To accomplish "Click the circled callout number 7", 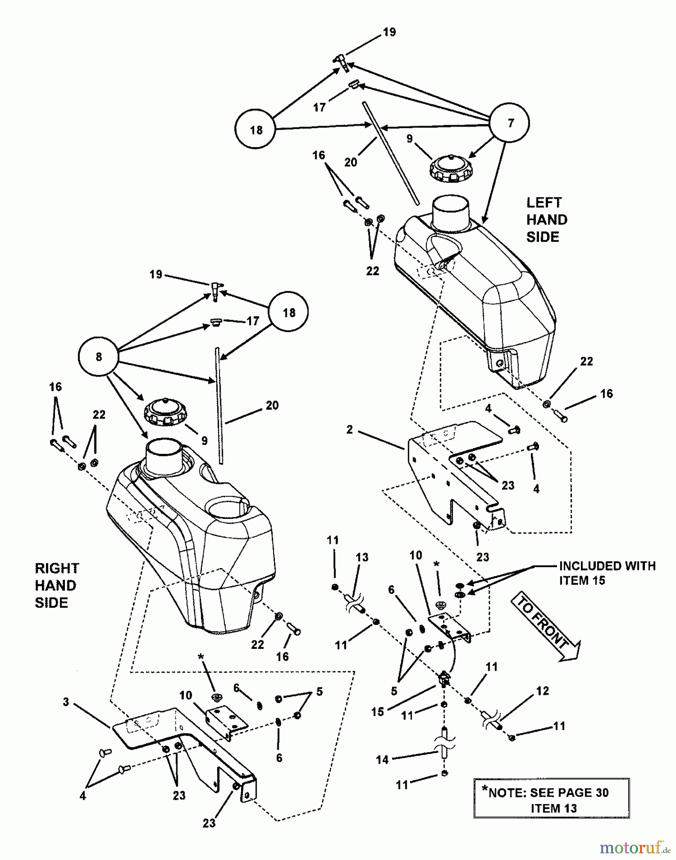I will click(x=510, y=123).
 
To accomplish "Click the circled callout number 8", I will click(x=98, y=356).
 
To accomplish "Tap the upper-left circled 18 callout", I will click(x=256, y=129).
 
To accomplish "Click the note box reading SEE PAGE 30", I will click(x=551, y=800).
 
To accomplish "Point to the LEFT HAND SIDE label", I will click(x=547, y=220).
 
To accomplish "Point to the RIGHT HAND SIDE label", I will click(x=56, y=585).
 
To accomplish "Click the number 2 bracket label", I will click(x=349, y=430).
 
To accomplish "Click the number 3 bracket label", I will click(x=66, y=702).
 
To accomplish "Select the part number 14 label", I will click(x=382, y=759).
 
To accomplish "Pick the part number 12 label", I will click(x=542, y=691).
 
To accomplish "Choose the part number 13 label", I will click(x=362, y=557).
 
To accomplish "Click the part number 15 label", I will click(x=377, y=711).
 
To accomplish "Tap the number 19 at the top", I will click(x=389, y=32).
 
